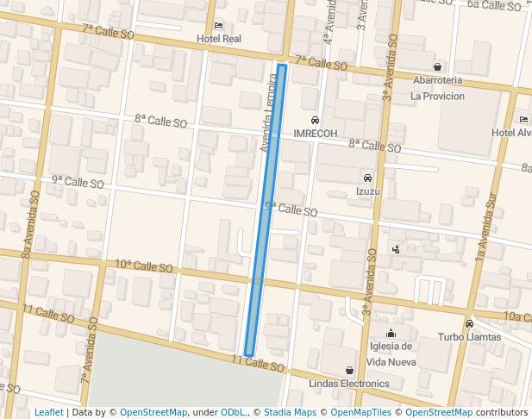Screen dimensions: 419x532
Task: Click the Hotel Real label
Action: [x=219, y=39]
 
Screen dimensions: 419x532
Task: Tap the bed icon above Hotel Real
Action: [x=219, y=25]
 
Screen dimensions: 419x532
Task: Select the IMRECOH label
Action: [x=315, y=134]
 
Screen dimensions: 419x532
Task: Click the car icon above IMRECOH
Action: [x=315, y=121]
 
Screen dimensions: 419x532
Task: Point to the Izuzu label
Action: [x=368, y=191]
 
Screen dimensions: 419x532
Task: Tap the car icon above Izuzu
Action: [x=368, y=178]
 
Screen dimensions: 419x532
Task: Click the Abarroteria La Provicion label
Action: [x=437, y=88]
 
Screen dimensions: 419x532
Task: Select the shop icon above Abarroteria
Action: [x=438, y=66]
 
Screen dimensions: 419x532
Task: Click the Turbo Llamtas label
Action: [x=469, y=337]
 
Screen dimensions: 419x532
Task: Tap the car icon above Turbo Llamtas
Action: [x=469, y=324]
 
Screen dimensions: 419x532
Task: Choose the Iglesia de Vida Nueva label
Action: [x=392, y=353]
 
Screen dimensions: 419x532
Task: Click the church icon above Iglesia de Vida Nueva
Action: [x=392, y=334]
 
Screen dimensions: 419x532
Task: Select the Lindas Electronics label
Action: [x=349, y=383]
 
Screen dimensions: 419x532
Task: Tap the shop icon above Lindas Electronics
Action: [x=349, y=370]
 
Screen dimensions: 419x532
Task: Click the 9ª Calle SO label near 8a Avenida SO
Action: [x=78, y=182]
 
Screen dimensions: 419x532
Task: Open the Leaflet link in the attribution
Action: [x=48, y=413]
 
